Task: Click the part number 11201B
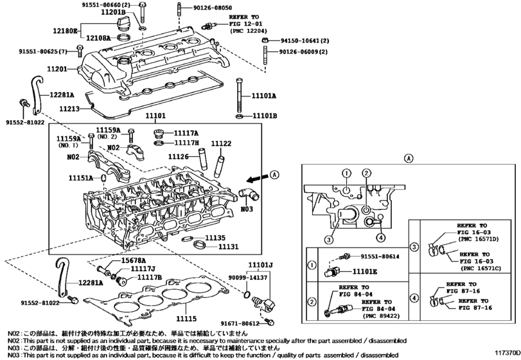[x=113, y=13]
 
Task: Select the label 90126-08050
[x=213, y=8]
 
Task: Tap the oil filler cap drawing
[x=122, y=24]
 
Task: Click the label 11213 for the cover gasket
[x=69, y=109]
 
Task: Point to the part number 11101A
[x=264, y=96]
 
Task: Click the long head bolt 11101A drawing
[x=239, y=96]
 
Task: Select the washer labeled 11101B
[x=239, y=116]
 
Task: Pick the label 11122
[x=221, y=143]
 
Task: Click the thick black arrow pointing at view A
[x=257, y=179]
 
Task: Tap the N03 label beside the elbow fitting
[x=247, y=209]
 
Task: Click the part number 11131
[x=228, y=247]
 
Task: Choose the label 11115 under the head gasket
[x=186, y=319]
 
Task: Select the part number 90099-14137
[x=248, y=277]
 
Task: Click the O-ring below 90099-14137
[x=247, y=295]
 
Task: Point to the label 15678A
[x=133, y=260]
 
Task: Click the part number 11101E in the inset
[x=364, y=271]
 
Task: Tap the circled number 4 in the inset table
[x=414, y=298]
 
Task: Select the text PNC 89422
[x=381, y=316]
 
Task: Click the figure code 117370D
[x=507, y=352]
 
